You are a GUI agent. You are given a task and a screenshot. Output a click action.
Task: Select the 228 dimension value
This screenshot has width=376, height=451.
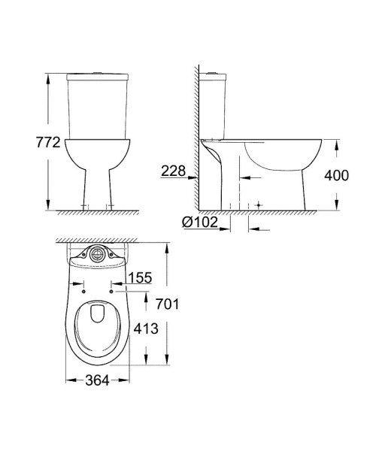[172, 172]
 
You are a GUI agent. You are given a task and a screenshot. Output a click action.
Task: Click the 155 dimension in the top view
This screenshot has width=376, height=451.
[141, 278]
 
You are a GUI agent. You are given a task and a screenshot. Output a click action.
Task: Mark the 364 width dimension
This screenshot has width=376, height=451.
[96, 381]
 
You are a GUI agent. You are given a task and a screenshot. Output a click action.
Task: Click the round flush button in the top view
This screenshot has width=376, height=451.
[96, 255]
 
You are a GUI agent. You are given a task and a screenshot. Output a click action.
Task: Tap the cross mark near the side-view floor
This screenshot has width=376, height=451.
[258, 204]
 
